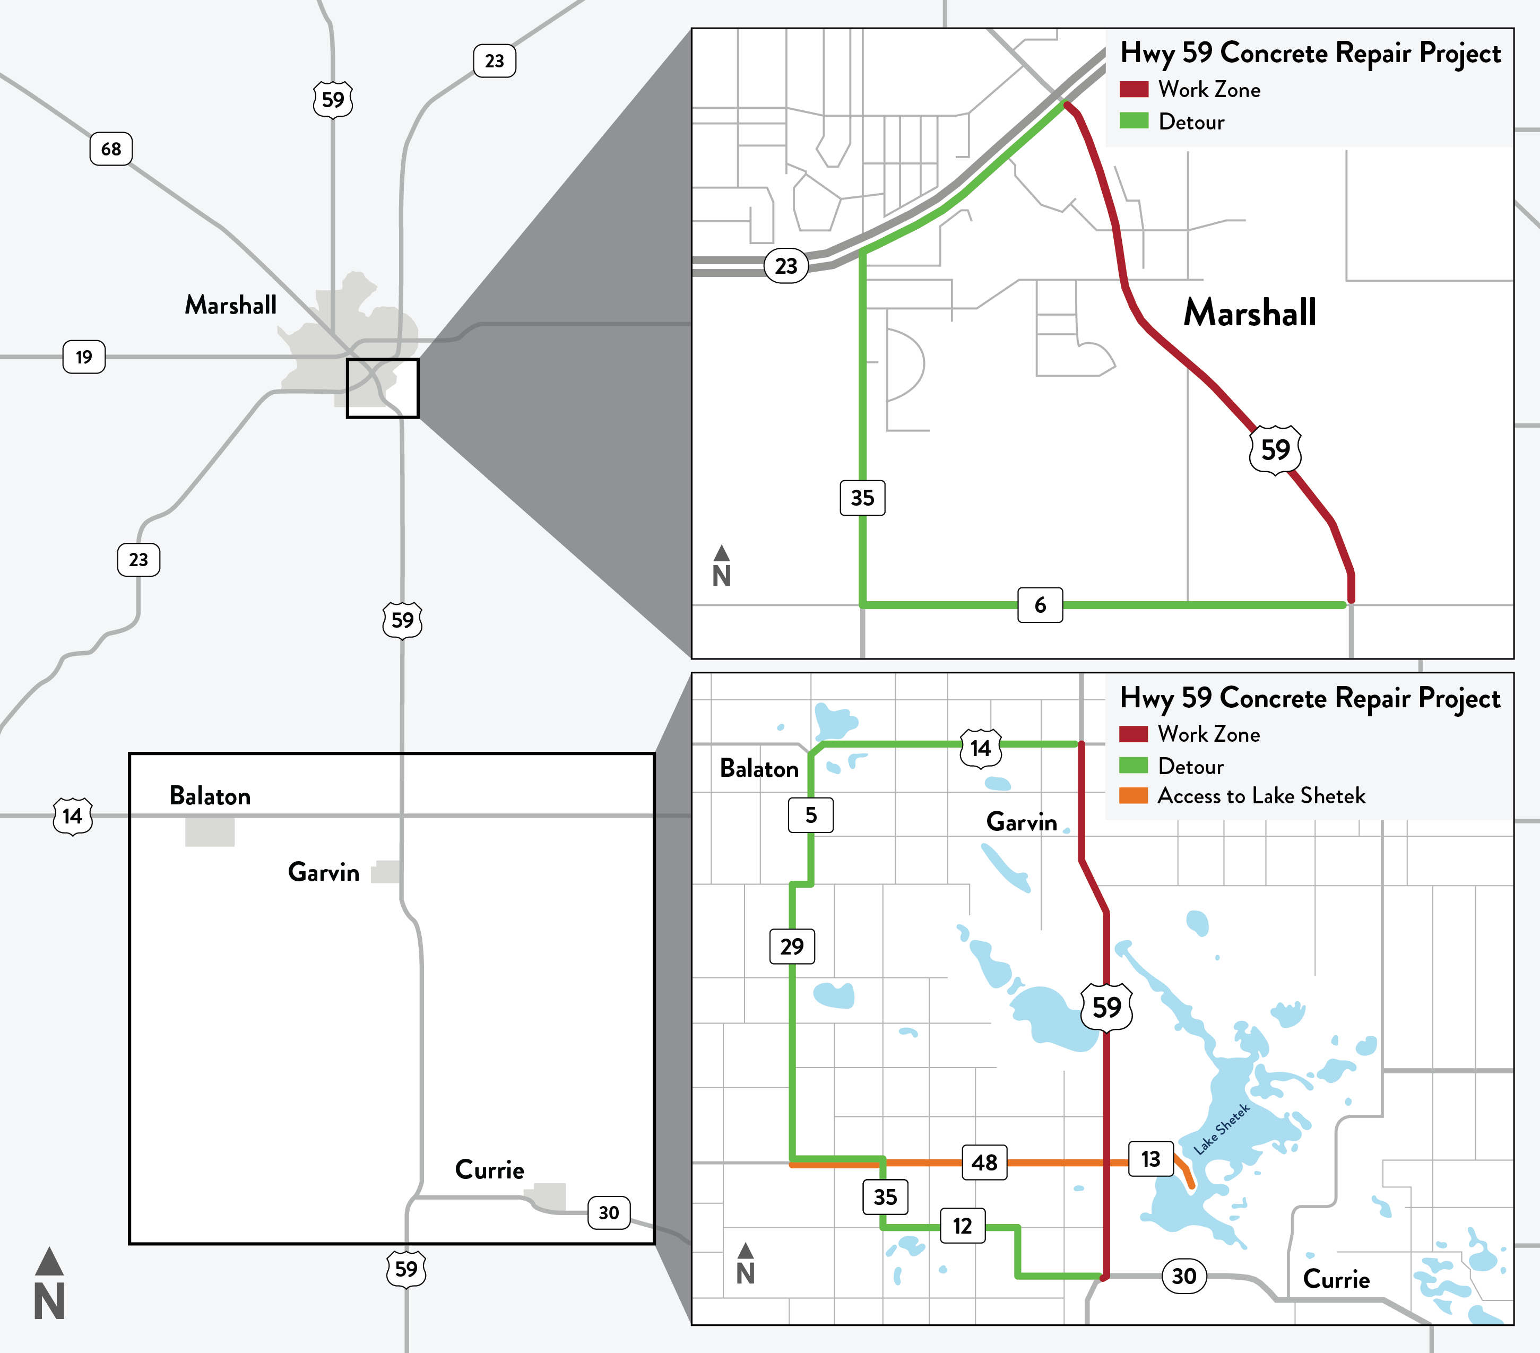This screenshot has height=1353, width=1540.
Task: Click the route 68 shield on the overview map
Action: click(111, 149)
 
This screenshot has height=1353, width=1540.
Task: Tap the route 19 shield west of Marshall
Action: click(84, 357)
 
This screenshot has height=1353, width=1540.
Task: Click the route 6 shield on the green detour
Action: click(1040, 604)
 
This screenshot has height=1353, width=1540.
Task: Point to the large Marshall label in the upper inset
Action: click(1249, 313)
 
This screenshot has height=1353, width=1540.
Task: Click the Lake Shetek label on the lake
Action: click(1222, 1129)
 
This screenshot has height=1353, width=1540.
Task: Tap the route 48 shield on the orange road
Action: click(984, 1161)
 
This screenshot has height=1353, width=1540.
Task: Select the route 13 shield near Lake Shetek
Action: click(1150, 1158)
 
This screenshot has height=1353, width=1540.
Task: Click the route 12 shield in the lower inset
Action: click(962, 1226)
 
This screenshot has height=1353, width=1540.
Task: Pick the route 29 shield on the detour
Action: click(791, 946)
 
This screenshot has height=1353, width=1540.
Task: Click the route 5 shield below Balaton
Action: click(811, 814)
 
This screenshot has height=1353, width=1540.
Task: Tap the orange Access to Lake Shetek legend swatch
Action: click(1133, 795)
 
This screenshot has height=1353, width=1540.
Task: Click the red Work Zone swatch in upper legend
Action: click(1133, 89)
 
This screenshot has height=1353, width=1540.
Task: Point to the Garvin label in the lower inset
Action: click(1021, 821)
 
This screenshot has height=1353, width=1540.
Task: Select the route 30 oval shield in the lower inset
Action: click(1183, 1276)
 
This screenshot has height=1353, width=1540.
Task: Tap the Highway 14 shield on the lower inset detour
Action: click(980, 748)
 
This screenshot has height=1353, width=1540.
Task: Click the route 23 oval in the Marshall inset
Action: click(786, 265)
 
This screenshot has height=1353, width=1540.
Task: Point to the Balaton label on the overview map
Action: click(210, 795)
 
